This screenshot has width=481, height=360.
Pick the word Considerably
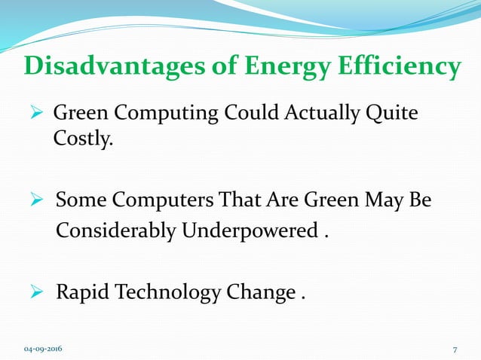point(116,229)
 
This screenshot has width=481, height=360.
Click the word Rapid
point(81,291)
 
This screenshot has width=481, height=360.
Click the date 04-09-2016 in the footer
point(43,349)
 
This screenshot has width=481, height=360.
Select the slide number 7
point(455,349)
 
